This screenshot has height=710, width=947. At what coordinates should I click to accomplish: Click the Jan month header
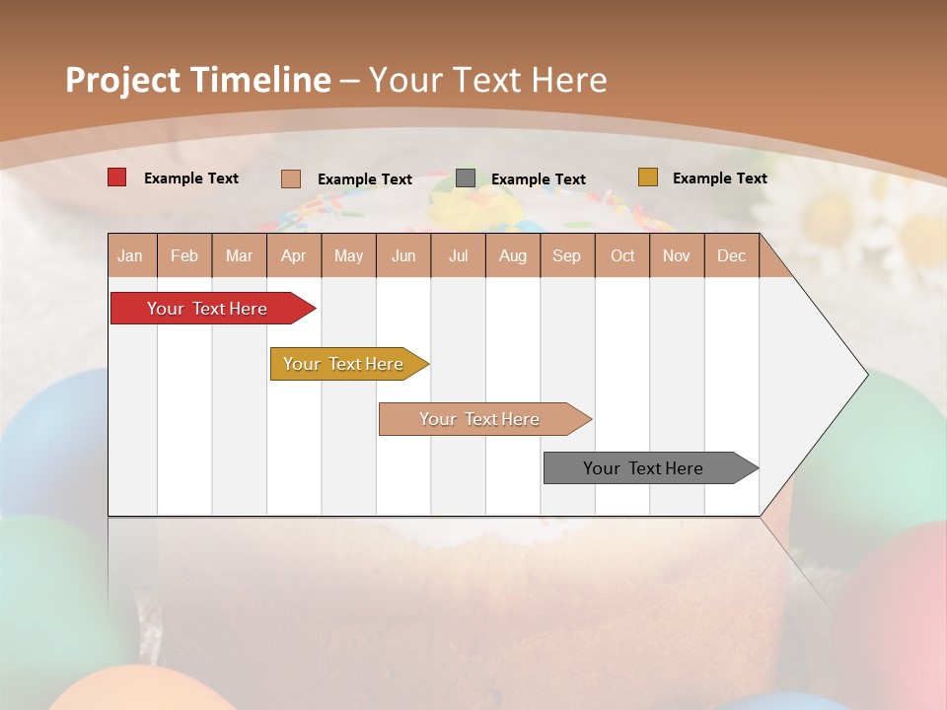coord(131,255)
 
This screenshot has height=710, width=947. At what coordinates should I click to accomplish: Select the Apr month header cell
coord(293,255)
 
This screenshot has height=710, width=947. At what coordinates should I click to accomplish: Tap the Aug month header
coord(512,255)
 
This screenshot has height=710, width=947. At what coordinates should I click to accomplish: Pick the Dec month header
coord(731,255)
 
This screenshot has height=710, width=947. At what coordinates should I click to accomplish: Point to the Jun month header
coord(402,255)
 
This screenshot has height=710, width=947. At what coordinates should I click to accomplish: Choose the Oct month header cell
coord(621,255)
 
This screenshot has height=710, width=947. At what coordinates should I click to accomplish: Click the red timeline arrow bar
coord(207,309)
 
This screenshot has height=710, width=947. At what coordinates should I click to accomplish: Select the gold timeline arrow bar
coord(343,364)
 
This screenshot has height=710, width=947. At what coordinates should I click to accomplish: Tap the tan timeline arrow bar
coord(479,419)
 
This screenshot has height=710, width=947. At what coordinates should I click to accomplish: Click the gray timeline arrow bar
coord(643,468)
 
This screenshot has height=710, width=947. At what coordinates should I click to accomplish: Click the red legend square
coord(116,177)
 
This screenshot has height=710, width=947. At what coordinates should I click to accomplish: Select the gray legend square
coord(466,178)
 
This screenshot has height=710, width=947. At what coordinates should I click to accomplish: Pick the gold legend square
coord(647,177)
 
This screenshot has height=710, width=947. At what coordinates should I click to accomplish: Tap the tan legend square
coord(290,178)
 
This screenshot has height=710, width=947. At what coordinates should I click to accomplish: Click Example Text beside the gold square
coord(719,178)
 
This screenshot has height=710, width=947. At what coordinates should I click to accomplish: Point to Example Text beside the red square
coord(191,178)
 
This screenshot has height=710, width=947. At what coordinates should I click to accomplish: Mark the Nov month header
coord(676,255)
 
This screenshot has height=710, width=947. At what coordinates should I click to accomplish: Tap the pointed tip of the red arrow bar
coord(312,309)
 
